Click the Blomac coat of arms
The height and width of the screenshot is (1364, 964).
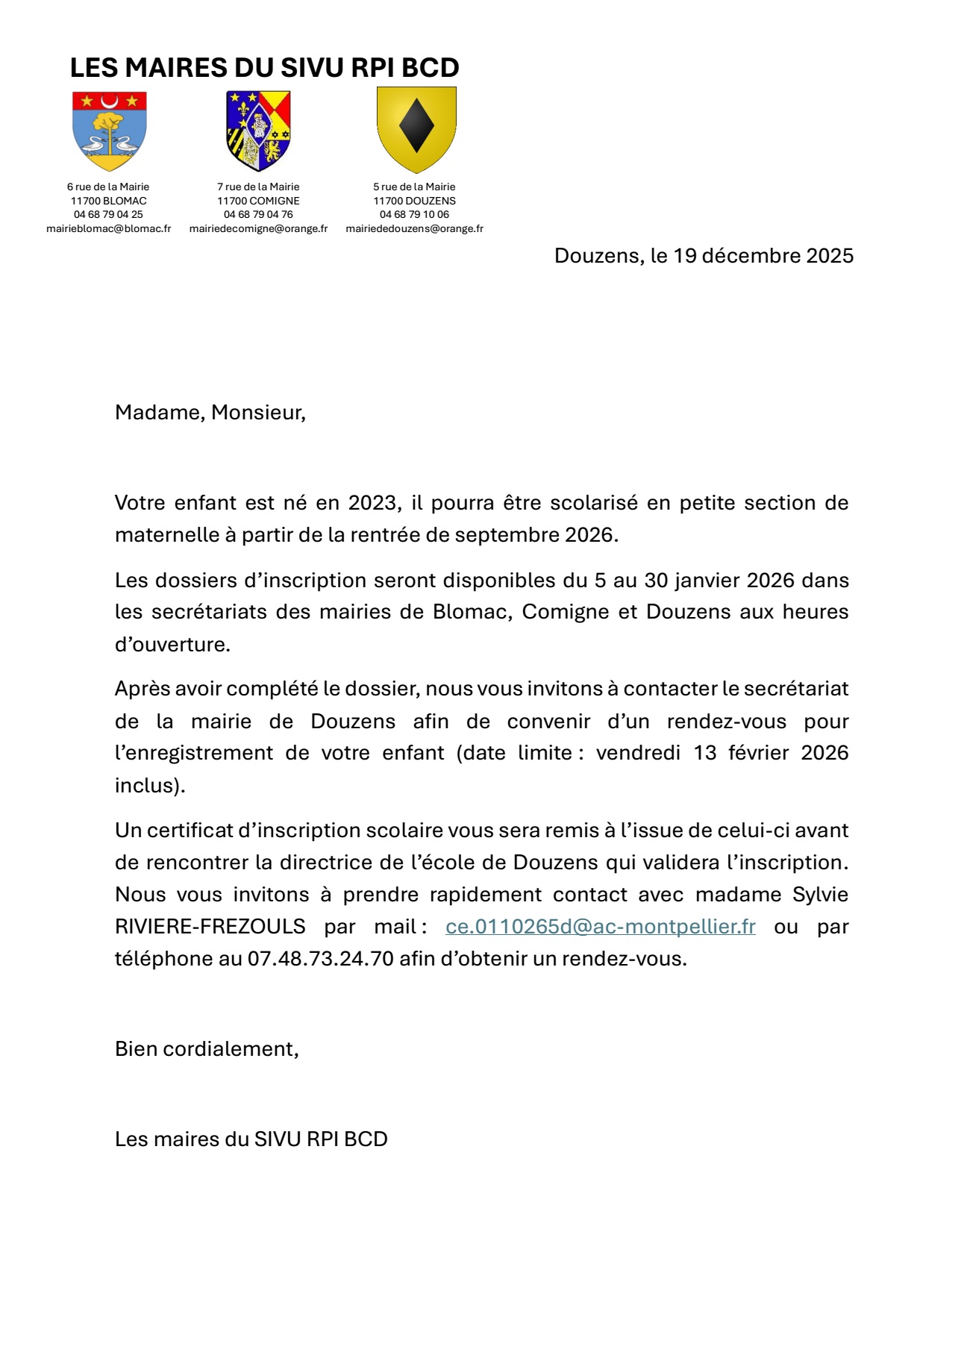click(x=109, y=131)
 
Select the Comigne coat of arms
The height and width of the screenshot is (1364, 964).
click(x=258, y=131)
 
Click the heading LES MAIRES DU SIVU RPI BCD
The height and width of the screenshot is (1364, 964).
click(x=264, y=68)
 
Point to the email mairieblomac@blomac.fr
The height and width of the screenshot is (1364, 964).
click(x=109, y=228)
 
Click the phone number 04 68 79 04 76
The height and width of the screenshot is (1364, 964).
click(x=258, y=214)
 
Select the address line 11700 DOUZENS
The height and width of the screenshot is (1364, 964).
click(x=414, y=201)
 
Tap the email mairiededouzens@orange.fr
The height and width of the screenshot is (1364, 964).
click(x=414, y=228)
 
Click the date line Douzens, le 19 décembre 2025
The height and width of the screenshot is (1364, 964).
click(x=704, y=256)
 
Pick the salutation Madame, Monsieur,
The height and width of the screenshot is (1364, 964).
click(x=210, y=413)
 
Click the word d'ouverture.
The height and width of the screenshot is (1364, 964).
click(x=172, y=645)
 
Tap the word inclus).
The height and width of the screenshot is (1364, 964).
click(x=150, y=786)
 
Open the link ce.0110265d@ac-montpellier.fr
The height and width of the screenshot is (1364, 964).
click(x=600, y=927)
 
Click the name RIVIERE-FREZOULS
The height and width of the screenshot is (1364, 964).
click(x=210, y=927)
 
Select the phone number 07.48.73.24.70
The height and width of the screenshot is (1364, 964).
click(x=321, y=959)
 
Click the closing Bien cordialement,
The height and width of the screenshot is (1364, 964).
click(x=207, y=1049)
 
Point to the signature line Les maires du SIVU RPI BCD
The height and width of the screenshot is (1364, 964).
click(x=251, y=1139)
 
